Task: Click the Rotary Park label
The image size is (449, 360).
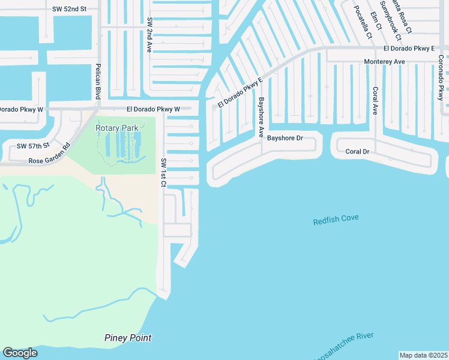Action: pos(117,127)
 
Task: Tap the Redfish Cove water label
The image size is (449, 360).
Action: pos(336,220)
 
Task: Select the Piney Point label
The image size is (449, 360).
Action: pos(128,338)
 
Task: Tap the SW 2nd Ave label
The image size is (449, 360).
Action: pos(149,35)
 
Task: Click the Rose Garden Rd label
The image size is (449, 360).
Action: pos(50,155)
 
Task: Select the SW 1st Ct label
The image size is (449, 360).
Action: pos(163,172)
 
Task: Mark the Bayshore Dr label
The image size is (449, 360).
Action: pos(285,138)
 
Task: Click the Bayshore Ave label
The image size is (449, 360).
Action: pos(261,117)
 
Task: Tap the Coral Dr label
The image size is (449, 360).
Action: pos(357,152)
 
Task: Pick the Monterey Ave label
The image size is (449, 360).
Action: pos(385,62)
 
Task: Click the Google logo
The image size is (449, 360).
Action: pos(20,353)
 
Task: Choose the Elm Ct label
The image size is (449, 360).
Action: pos(376,19)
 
